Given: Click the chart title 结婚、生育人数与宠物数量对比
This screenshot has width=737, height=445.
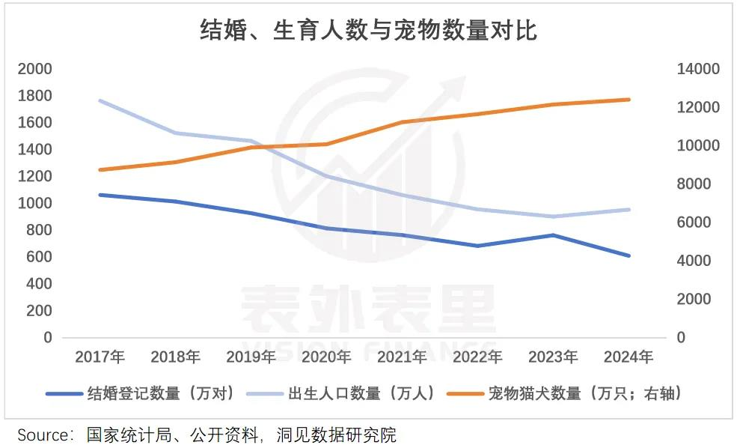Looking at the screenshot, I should click(368, 31).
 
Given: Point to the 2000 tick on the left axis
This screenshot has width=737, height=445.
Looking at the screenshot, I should click(35, 69).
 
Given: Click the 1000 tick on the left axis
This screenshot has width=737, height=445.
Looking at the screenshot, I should click(35, 203).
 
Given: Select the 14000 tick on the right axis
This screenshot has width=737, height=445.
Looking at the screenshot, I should click(698, 69).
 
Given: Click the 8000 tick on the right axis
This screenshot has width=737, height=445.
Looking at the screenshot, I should click(702, 184).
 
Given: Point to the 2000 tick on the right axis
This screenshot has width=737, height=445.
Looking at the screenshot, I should click(702, 299).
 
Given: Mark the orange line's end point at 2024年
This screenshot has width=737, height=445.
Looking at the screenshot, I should click(629, 100).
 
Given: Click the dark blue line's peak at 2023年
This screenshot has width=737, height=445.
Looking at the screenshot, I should click(554, 235).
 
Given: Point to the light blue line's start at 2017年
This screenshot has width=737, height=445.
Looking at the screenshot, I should click(100, 100).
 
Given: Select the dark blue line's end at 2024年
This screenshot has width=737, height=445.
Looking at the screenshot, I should click(629, 255).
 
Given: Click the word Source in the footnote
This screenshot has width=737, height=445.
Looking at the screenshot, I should click(44, 435).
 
